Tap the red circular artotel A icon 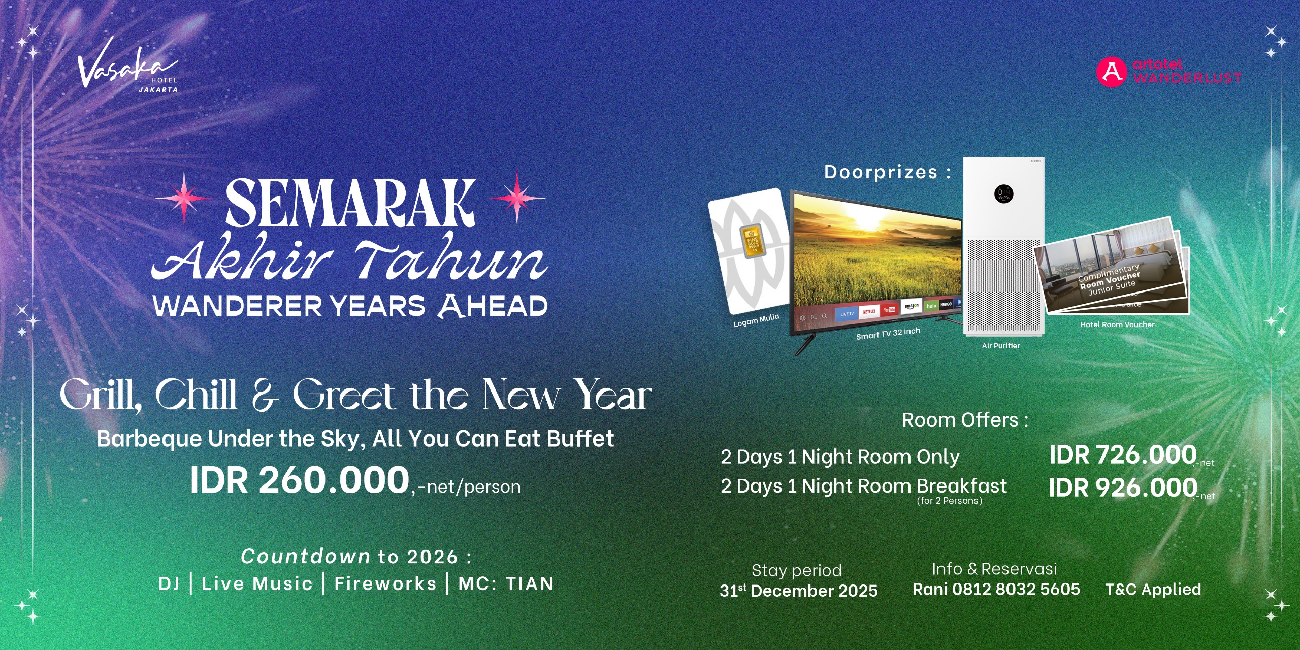coord(1111,72)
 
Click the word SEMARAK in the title coord(350,203)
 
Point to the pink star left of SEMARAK coord(184,198)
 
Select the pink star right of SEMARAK coord(517,198)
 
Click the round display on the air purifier coord(1003,193)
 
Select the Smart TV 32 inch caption coord(888,334)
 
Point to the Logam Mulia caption coord(756,320)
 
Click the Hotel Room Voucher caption coord(1118,324)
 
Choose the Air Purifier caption coord(1001,346)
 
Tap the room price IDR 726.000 coord(1123,454)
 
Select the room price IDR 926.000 coord(1123,487)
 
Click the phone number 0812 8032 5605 coord(1016,589)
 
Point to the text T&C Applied coord(1153,589)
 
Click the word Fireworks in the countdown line coord(385,583)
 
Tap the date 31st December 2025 coord(799,591)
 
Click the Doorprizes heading coord(887,172)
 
